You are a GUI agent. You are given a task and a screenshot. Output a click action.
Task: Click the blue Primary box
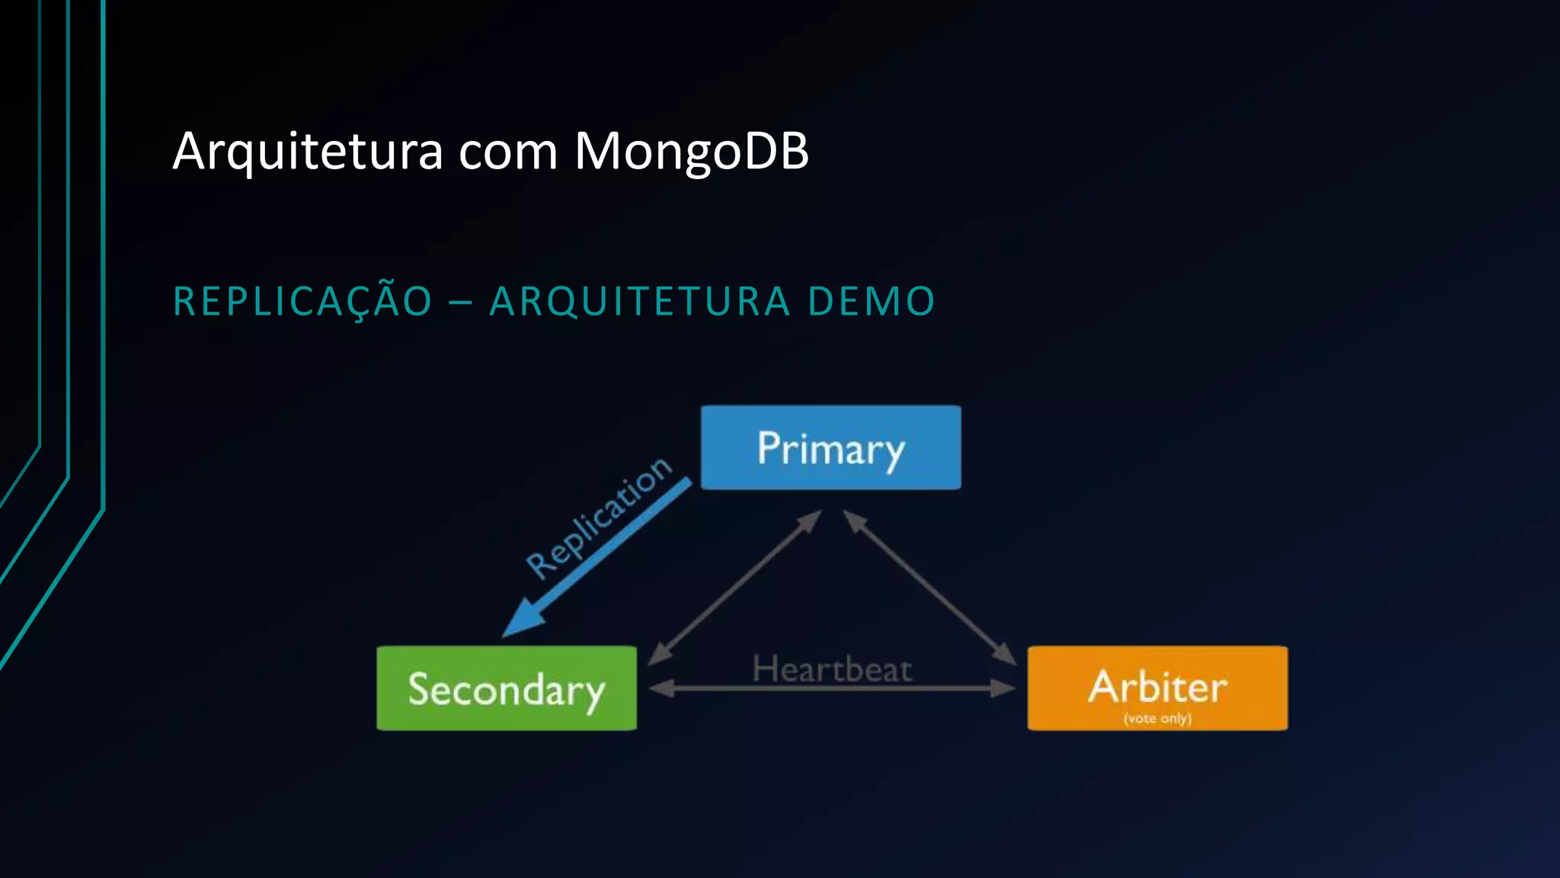830,447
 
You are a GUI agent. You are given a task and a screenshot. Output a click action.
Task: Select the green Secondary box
507,688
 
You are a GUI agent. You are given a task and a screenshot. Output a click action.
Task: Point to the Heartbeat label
832,670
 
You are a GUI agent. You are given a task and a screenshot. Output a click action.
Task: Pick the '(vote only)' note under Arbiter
1157,718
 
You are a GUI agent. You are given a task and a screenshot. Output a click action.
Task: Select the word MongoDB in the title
691,151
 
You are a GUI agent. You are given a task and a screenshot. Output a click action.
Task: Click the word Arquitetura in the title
308,151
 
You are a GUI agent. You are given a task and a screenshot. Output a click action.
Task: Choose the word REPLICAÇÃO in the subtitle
303,300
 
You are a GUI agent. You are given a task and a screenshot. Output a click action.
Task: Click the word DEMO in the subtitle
871,300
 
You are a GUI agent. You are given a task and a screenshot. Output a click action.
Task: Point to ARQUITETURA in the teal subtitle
640,300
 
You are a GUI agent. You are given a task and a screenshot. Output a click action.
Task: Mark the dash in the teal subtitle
461,302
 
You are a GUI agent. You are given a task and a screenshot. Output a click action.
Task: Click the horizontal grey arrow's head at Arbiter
1004,688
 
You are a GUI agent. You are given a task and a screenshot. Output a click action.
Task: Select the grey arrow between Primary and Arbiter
930,587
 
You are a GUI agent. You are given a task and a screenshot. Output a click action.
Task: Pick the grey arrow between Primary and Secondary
735,587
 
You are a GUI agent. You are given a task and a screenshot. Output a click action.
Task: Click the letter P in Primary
768,447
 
